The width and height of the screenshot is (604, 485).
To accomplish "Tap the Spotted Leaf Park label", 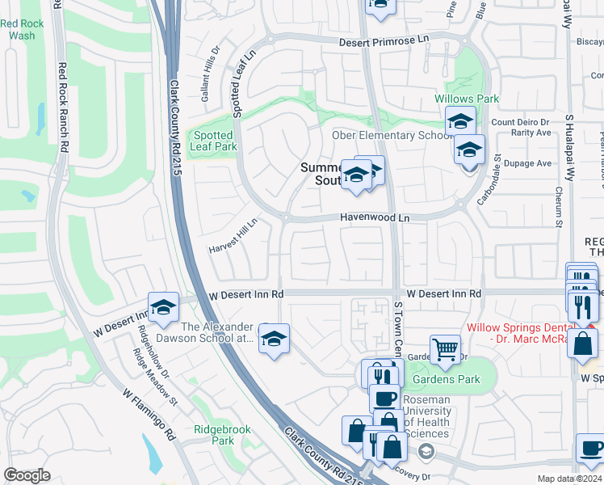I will coord(213,141).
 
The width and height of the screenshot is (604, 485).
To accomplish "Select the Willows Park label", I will coord(467,99).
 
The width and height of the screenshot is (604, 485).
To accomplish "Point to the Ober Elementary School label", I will coord(391,135).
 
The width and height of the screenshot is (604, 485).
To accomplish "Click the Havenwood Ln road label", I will coord(375,218).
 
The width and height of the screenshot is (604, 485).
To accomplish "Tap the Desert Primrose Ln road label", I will coord(384,40).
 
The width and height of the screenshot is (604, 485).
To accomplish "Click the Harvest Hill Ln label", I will coord(233,234).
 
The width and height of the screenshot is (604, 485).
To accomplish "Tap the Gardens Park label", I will coord(446,379).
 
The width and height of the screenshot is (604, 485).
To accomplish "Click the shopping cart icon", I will coord(444,349).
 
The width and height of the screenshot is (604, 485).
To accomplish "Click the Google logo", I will coord(27,475).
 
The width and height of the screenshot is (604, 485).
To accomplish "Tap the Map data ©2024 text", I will coord(569,479).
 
